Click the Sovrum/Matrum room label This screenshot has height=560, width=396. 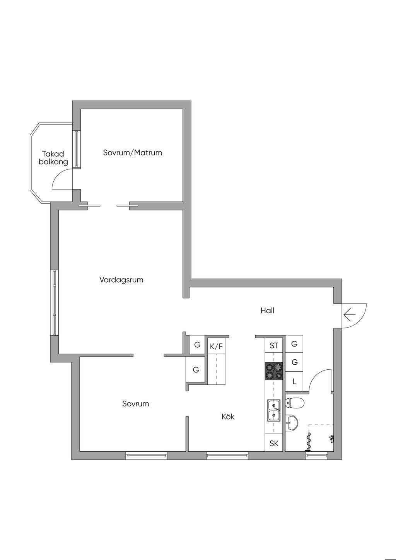132,153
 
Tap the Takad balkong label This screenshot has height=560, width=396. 53,158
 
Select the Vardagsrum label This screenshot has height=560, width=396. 121,280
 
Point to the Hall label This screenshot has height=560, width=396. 267,310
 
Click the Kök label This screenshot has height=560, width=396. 228,417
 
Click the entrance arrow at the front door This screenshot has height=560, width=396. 350,315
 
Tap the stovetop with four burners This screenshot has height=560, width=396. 274,371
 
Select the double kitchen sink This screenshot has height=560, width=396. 274,410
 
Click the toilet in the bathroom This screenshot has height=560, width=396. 295,403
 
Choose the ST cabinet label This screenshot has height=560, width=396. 274,345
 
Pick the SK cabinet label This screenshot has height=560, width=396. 274,443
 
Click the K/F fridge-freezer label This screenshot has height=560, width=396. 216,346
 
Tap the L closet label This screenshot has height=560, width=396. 294,382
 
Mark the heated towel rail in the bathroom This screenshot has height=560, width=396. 309,442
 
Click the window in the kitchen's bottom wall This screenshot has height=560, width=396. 227,456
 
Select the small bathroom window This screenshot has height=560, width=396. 317,456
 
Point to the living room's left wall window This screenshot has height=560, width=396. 55,302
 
